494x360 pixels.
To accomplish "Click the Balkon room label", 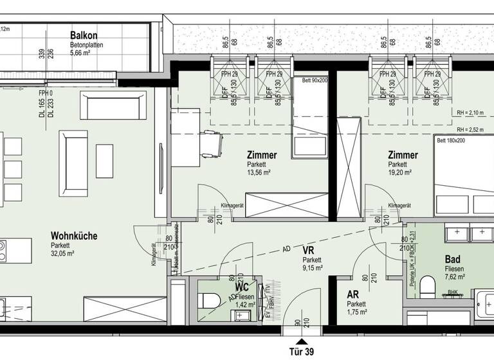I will pyautogui.click(x=85, y=36).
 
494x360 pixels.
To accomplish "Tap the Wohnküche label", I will pyautogui.click(x=74, y=236).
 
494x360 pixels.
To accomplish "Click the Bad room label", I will pyautogui.click(x=452, y=260).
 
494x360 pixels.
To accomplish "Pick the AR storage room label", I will pyautogui.click(x=353, y=294).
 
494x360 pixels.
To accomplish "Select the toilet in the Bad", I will pyautogui.click(x=427, y=284).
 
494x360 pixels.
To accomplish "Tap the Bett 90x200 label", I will pyautogui.click(x=311, y=81).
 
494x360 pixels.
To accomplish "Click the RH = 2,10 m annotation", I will pyautogui.click(x=471, y=113).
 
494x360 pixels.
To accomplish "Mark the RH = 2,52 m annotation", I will pyautogui.click(x=471, y=129).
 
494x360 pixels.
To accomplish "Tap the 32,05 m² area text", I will pyautogui.click(x=63, y=253).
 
